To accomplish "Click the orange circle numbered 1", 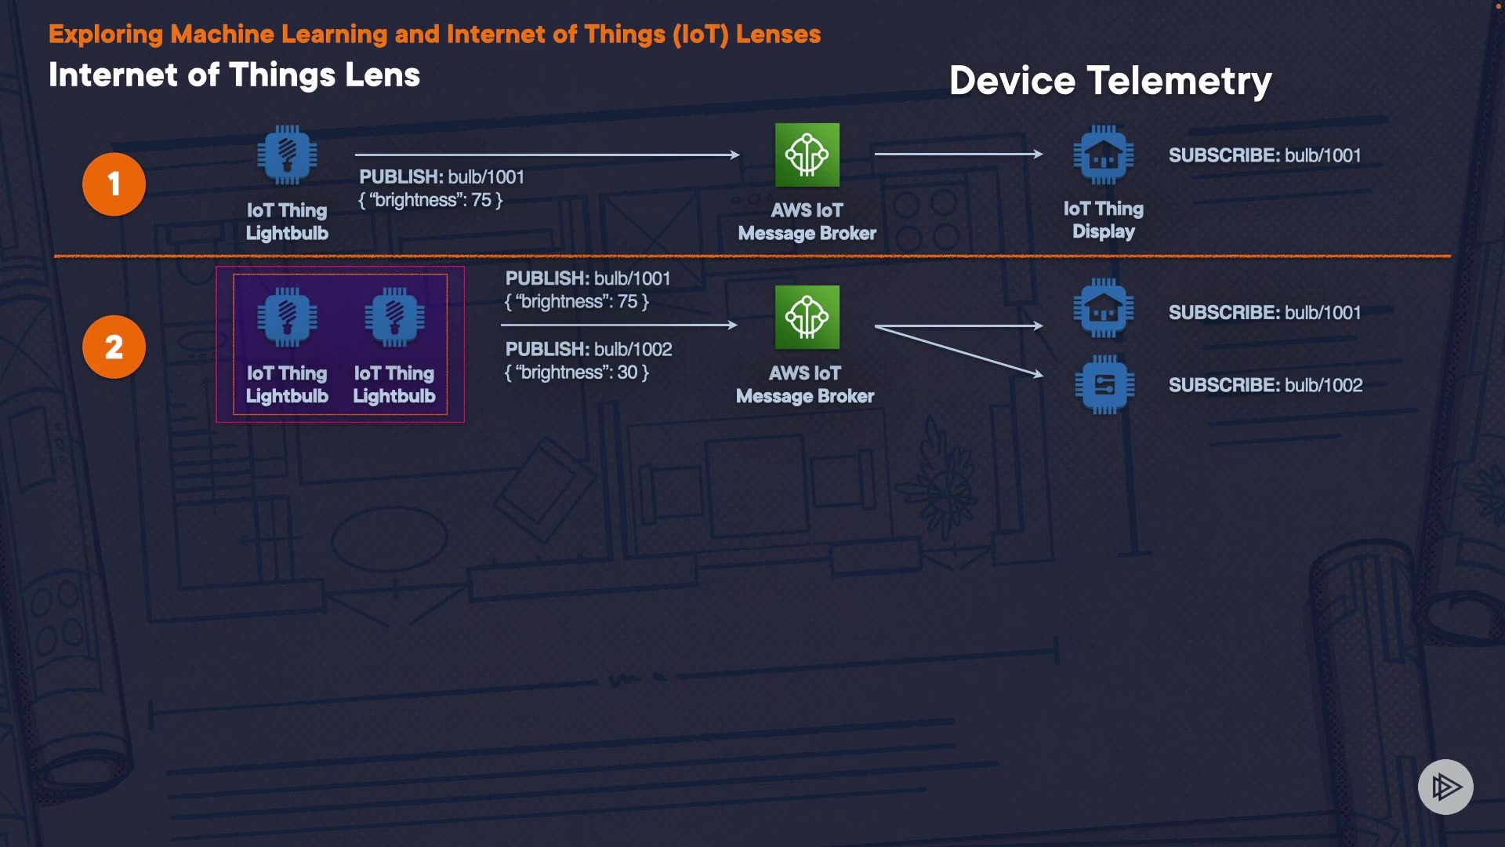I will coord(114,184).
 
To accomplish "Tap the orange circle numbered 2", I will coord(114,347).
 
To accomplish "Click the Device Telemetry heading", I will coord(1110,81).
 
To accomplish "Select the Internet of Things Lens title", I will coord(234,75).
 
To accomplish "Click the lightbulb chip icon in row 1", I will coord(287,155).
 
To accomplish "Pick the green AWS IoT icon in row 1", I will coord(807,154).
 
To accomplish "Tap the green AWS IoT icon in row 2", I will coord(807,317).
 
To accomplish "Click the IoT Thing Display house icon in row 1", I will coord(1103,155).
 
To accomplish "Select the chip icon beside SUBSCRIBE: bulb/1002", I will coord(1104,384).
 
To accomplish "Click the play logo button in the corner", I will coord(1445,787).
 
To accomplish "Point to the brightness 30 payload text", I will coord(577,373).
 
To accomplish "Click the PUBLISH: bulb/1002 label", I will coord(589,349).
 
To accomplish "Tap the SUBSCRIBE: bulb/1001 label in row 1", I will coord(1264,155).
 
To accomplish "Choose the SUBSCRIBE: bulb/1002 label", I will coord(1265,385).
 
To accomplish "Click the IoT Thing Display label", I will coord(1103,220).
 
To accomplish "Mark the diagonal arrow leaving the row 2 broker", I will coord(959,351).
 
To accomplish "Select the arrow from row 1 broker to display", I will coord(958,154).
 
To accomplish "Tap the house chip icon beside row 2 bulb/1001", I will coord(1103,308).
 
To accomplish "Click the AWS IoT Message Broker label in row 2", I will coord(805,384).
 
